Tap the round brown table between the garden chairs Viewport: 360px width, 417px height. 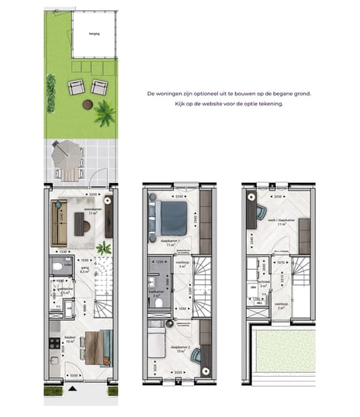[88, 104]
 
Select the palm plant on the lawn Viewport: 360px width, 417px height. [104, 115]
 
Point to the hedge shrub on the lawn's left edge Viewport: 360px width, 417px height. [51, 92]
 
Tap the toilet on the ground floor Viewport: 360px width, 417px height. [57, 268]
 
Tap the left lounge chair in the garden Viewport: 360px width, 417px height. [75, 88]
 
